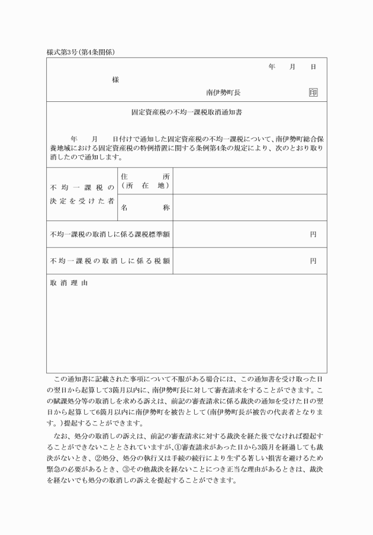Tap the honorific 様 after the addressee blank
point(115,79)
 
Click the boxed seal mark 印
point(313,93)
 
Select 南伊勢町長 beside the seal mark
point(223,93)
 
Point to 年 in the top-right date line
point(272,67)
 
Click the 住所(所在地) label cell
point(145,181)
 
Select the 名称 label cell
point(145,208)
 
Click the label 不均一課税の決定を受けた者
point(82,194)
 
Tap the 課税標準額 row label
point(110,234)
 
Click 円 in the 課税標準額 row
point(313,234)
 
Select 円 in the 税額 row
point(313,261)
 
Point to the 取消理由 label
point(69,283)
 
